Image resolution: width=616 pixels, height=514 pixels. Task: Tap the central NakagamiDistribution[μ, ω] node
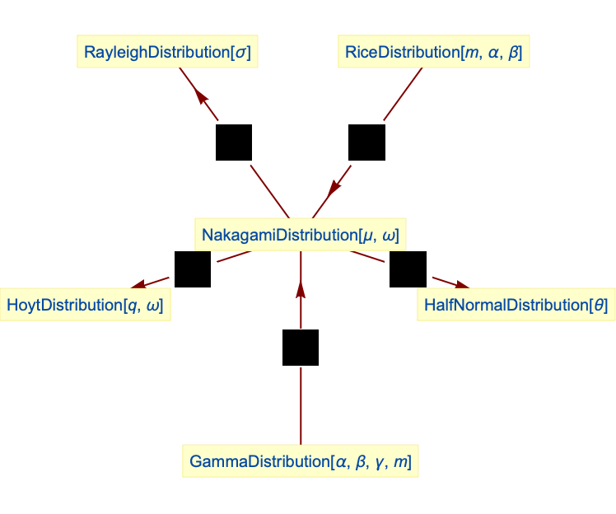[301, 236]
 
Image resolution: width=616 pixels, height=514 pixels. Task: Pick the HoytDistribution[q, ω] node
[85, 306]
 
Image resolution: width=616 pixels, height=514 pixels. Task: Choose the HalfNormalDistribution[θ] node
[516, 306]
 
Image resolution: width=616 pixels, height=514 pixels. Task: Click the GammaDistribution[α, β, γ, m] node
[301, 461]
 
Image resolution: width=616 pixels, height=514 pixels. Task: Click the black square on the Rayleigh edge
[234, 143]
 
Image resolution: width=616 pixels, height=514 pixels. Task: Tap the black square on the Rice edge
[366, 143]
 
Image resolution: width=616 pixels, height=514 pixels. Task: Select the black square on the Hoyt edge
[193, 269]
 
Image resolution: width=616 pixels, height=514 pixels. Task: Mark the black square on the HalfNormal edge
[408, 269]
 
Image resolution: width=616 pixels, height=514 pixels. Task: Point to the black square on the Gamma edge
[301, 347]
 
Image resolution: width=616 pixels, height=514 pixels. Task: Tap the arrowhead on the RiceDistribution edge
[333, 187]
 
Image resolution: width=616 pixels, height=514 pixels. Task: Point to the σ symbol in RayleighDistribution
[242, 54]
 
